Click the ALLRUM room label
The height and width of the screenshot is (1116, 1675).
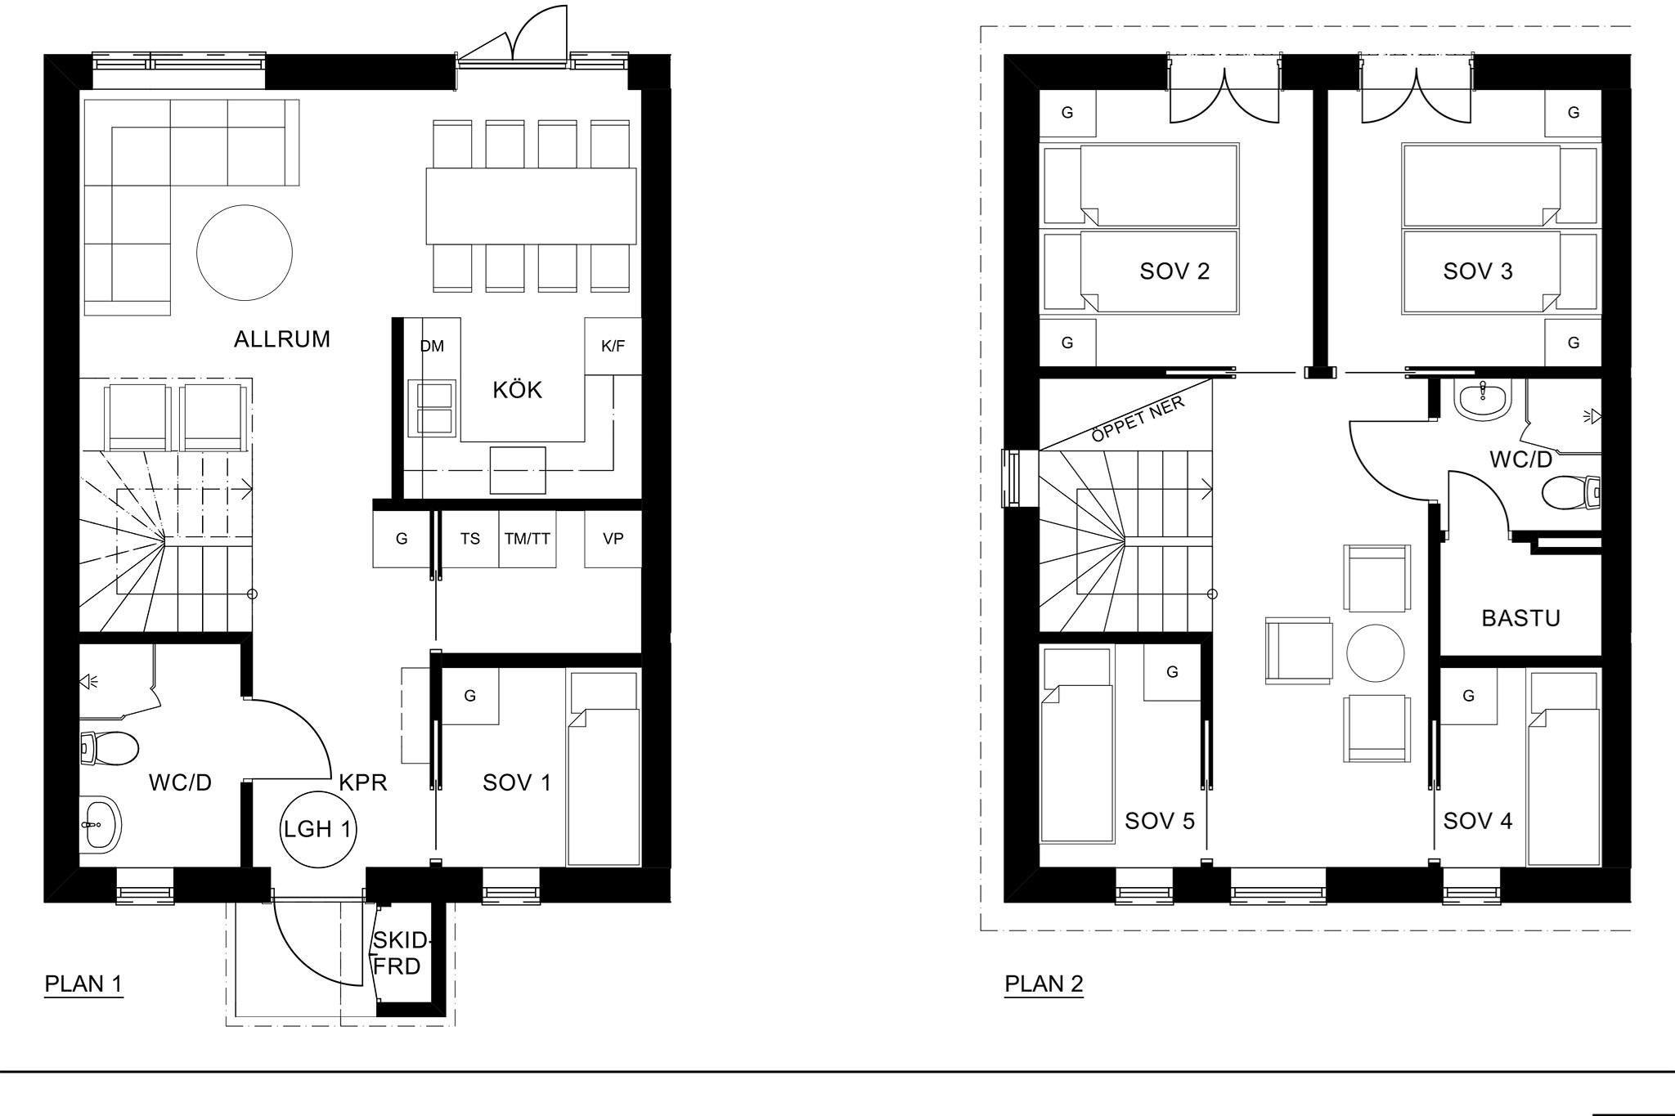pos(282,339)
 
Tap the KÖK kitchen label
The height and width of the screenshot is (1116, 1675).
pos(518,389)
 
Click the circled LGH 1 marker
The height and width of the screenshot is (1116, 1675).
pos(317,830)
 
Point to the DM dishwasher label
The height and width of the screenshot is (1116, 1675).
pos(432,347)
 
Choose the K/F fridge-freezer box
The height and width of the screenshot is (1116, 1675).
pos(613,347)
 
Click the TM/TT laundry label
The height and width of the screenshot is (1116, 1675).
pos(528,539)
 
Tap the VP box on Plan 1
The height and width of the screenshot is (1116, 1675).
pos(613,539)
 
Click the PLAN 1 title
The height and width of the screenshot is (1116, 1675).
pos(83,984)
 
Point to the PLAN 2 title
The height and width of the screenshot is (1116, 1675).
pos(1044,984)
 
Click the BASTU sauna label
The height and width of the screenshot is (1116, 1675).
pos(1521,618)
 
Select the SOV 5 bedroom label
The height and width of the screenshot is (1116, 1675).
pos(1160,821)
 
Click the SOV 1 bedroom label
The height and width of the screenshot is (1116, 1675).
pos(517,782)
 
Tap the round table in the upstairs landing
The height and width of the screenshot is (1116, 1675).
pos(1376,653)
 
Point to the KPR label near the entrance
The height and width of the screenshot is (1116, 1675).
pos(363,782)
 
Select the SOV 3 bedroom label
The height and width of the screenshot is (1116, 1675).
pos(1478,271)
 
